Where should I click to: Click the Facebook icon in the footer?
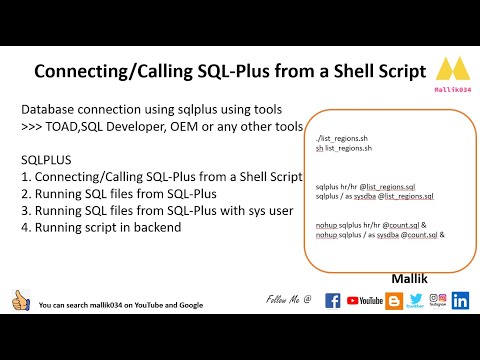pos(333,300)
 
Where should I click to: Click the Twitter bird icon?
pos(416,299)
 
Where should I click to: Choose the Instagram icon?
pos(437,299)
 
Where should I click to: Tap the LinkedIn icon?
pos(461,299)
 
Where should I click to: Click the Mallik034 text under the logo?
pos(453,90)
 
